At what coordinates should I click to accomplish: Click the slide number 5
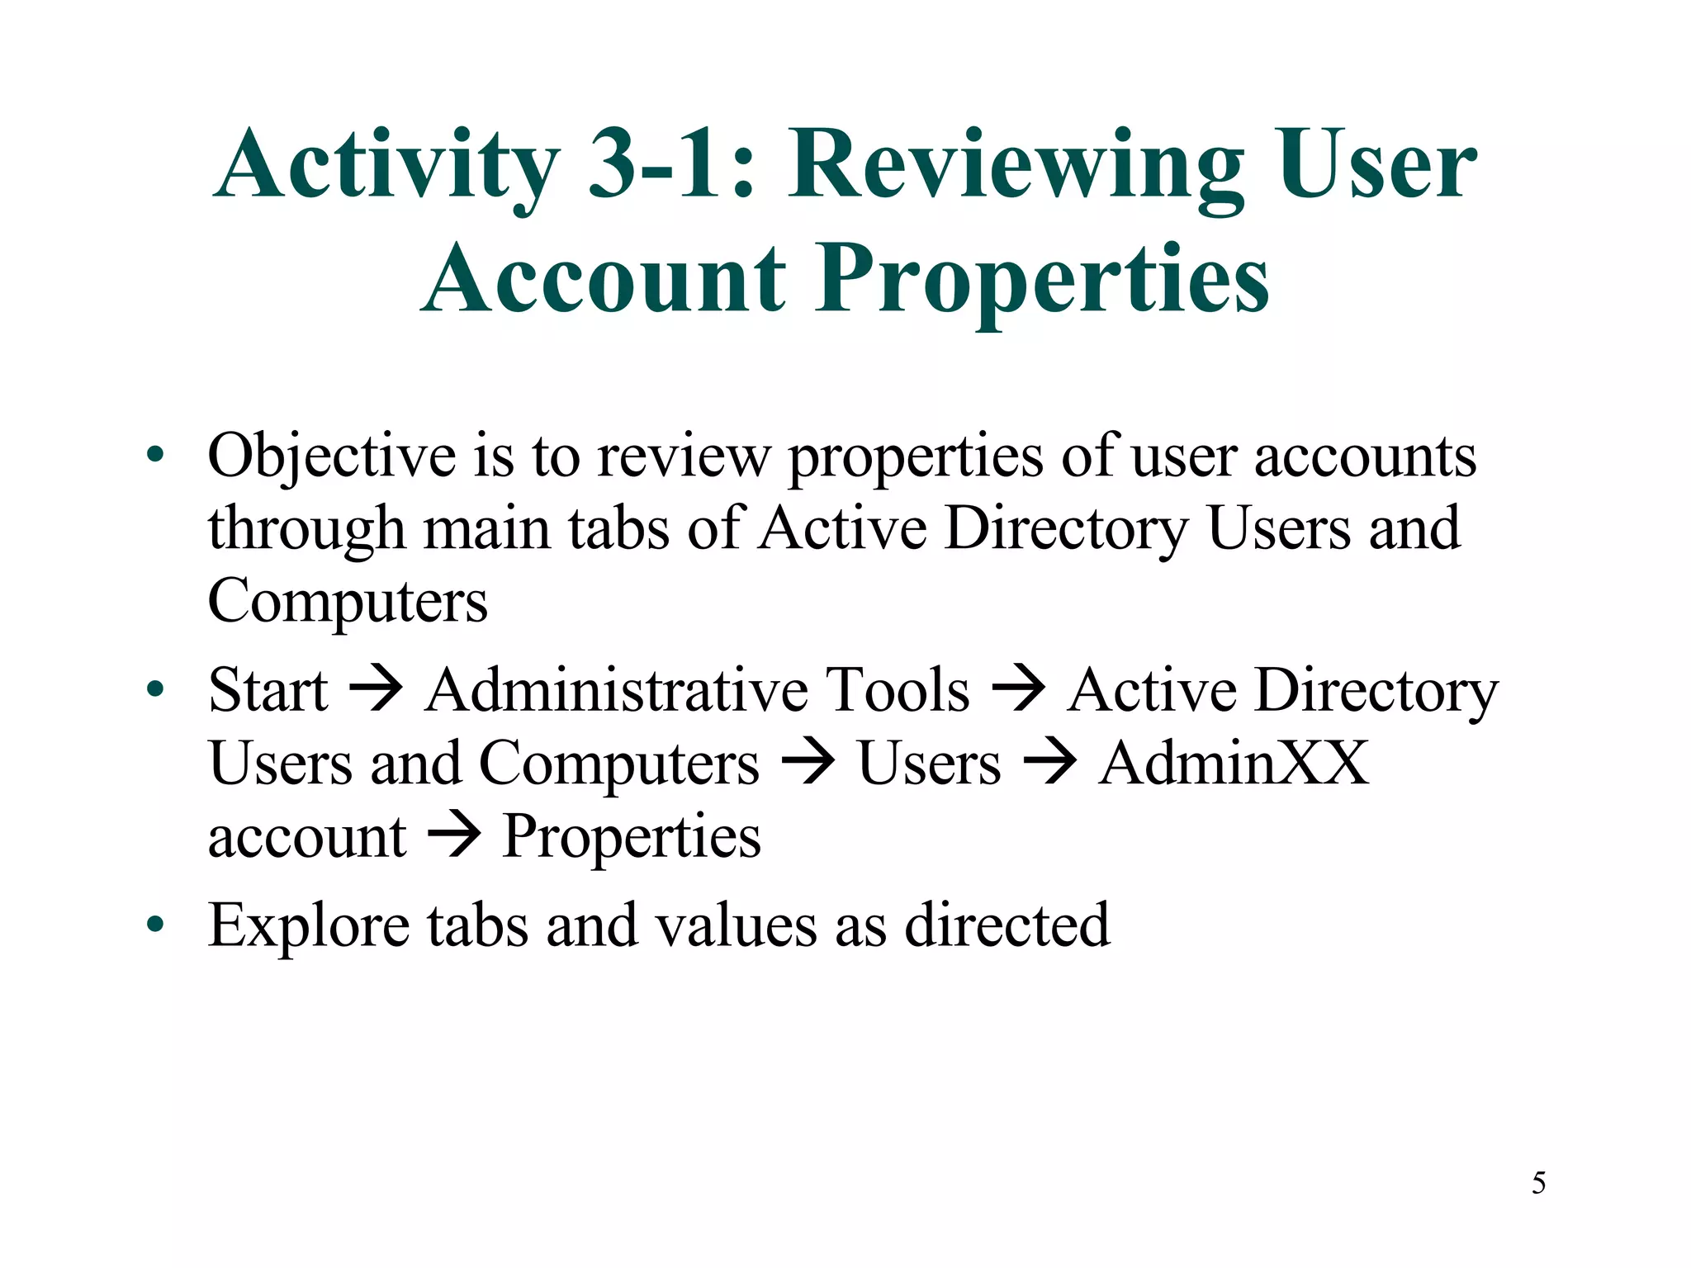[x=1538, y=1183]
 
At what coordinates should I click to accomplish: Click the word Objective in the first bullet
[x=331, y=457]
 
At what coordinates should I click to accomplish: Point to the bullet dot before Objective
[x=155, y=455]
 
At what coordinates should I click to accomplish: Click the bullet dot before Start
[x=155, y=688]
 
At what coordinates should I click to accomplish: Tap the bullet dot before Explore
[x=155, y=924]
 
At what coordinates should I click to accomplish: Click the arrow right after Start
[x=376, y=689]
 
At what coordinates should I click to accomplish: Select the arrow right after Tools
[x=1018, y=689]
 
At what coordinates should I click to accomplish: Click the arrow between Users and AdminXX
[x=1049, y=762]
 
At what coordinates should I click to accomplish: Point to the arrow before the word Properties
[x=453, y=835]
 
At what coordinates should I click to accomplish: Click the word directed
[x=1007, y=925]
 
